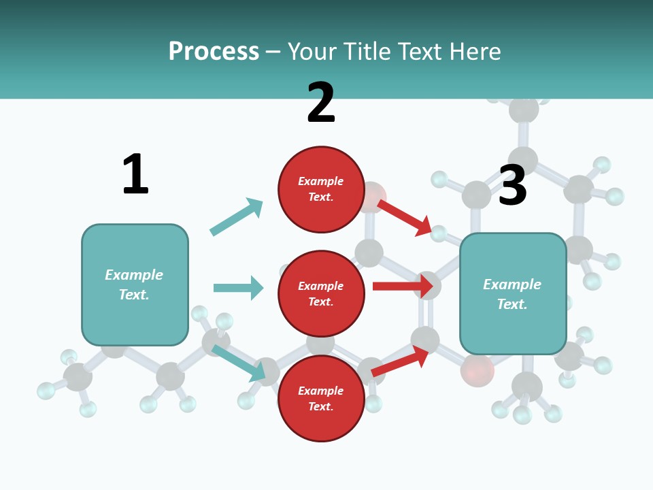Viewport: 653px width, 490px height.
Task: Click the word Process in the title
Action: click(x=214, y=51)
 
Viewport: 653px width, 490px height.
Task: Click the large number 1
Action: click(x=135, y=174)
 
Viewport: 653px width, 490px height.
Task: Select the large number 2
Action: click(x=321, y=103)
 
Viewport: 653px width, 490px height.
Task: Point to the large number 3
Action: click(x=512, y=185)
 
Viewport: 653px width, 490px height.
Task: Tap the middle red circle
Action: click(x=321, y=294)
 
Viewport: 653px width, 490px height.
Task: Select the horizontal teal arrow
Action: click(x=238, y=288)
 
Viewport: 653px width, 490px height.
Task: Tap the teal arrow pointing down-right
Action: click(x=239, y=362)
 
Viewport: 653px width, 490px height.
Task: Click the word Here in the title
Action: click(x=473, y=51)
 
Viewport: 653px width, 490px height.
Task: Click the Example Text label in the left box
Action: click(x=134, y=284)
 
